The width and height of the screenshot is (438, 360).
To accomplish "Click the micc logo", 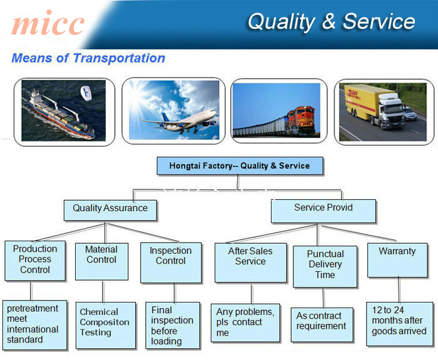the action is [48, 23].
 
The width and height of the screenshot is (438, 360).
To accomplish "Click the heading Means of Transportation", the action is [88, 58].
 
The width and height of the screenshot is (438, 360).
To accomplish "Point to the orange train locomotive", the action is [301, 120].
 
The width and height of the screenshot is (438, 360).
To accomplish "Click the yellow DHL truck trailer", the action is [362, 101].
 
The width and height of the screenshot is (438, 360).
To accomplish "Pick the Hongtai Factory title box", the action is [240, 166].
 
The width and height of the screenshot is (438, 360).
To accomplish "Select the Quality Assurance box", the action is [110, 210].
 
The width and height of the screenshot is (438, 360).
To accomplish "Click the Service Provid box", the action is [323, 211].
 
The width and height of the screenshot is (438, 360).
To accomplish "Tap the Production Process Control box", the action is [35, 261].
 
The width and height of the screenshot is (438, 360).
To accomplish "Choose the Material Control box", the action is [101, 261].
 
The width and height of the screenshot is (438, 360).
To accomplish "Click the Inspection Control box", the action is [171, 262].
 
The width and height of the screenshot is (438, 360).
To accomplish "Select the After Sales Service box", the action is [250, 262].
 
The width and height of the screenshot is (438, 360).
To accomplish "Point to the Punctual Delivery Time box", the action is [325, 266].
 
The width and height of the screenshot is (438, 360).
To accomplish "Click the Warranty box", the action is [397, 260].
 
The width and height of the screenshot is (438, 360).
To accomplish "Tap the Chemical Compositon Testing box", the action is [106, 325].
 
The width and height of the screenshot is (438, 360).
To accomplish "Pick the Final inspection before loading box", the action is [173, 326].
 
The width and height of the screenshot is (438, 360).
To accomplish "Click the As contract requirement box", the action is [322, 325].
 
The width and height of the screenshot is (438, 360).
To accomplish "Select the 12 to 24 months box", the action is [399, 324].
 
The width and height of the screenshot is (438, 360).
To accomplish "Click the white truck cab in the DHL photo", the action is [391, 110].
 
